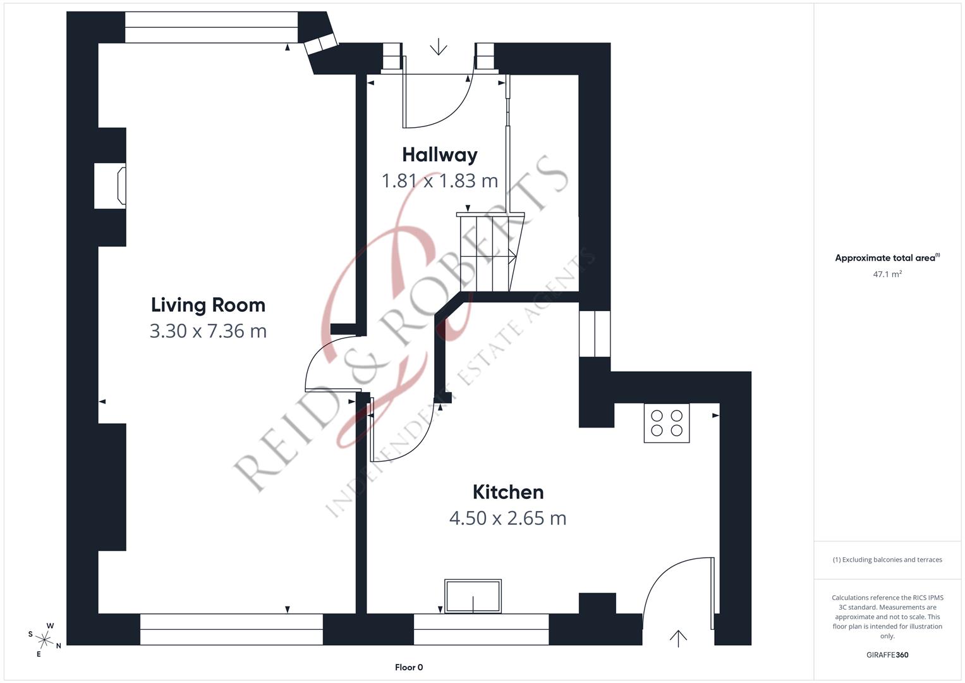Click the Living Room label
tap(208, 305)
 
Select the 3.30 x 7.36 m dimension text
tap(208, 331)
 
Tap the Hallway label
tap(440, 155)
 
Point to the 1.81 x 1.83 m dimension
tap(440, 181)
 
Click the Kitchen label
tap(508, 492)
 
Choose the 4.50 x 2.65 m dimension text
tap(508, 518)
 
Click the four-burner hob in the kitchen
tap(667, 423)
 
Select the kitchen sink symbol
tap(473, 596)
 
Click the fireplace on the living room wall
tap(110, 186)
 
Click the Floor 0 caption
tap(409, 667)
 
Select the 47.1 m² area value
tap(887, 274)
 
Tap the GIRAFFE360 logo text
tap(887, 655)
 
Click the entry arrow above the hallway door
tap(438, 47)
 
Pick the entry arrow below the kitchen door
tap(678, 638)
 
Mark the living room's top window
tap(211, 28)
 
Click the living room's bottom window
tap(231, 629)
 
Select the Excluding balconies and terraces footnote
tap(887, 560)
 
